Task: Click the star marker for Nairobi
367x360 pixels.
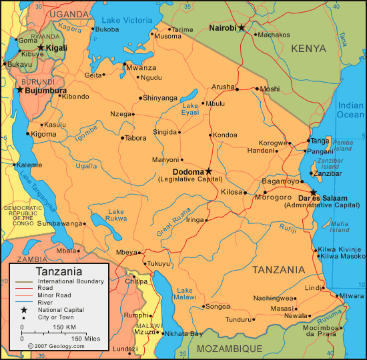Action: (x=242, y=27)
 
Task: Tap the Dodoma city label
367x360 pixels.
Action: (x=188, y=171)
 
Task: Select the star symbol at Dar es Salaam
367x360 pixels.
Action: (x=313, y=192)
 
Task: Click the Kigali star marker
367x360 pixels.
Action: (x=41, y=47)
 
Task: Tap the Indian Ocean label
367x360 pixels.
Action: (x=350, y=110)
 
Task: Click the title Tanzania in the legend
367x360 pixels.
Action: (x=59, y=271)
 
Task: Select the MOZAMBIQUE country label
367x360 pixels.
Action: (x=233, y=349)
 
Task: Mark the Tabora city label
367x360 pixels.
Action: (x=135, y=138)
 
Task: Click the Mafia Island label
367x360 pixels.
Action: (x=340, y=226)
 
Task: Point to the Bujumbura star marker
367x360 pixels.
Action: (x=20, y=89)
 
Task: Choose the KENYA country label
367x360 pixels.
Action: (x=308, y=49)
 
